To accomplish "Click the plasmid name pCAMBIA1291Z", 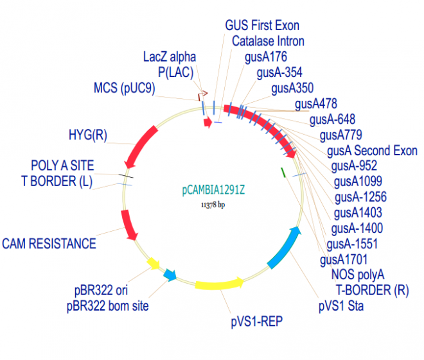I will click(x=213, y=190).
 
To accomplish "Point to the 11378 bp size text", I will click(x=213, y=205).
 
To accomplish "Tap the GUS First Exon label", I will click(x=262, y=26).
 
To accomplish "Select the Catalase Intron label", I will click(x=268, y=41).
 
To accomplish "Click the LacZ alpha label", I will click(x=169, y=56).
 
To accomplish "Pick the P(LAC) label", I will click(x=176, y=72).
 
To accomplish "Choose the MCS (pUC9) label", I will click(x=124, y=88).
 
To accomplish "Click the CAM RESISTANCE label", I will click(x=49, y=243).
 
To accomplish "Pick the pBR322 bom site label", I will click(x=107, y=306).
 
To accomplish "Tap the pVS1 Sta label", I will click(x=341, y=306).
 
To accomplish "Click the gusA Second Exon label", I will click(x=372, y=151).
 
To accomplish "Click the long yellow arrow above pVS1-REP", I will click(x=218, y=284).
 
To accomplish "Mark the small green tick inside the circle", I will click(x=283, y=171).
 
